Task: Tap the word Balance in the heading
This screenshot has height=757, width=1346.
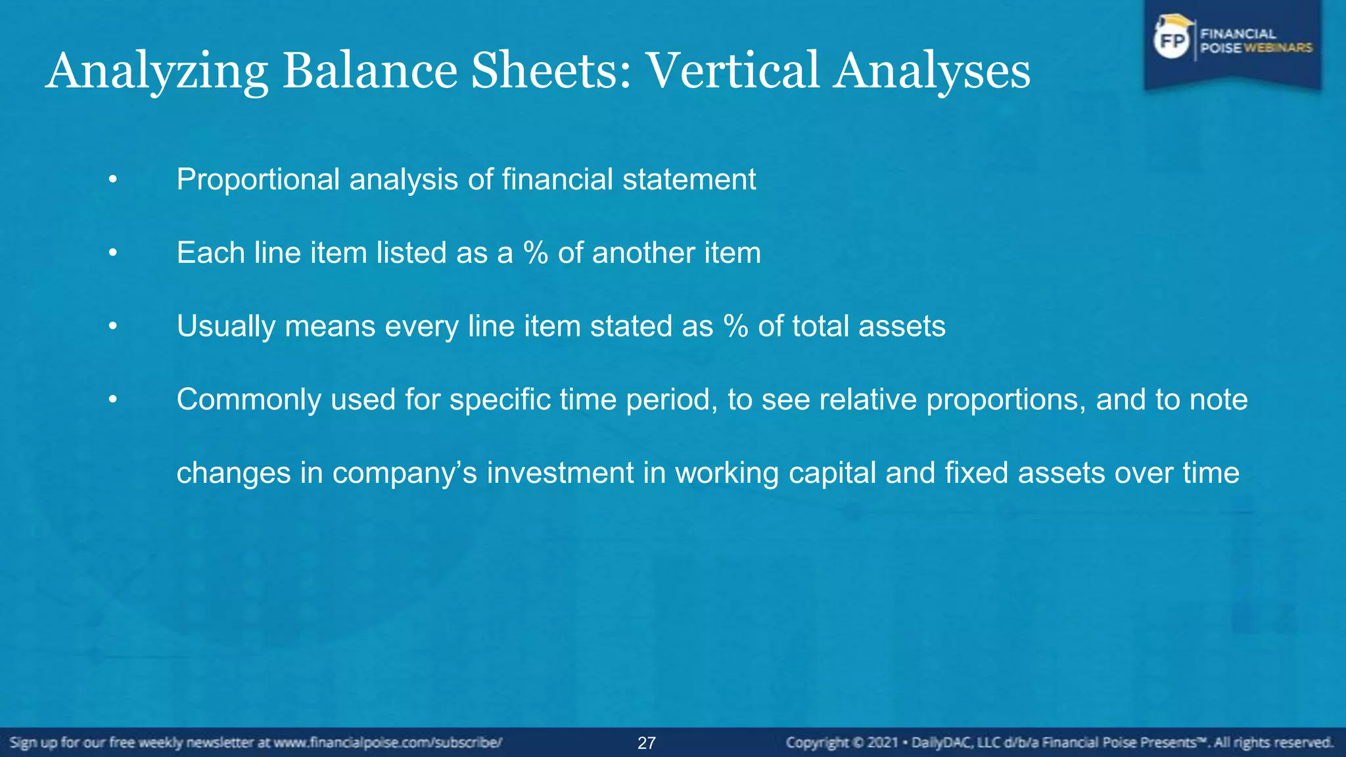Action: tap(369, 71)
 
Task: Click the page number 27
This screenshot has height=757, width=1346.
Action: tap(647, 743)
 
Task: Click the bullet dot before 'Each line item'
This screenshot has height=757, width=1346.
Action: tap(113, 253)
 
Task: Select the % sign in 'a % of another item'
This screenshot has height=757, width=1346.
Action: tap(535, 253)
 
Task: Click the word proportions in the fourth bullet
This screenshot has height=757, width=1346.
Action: tap(1006, 400)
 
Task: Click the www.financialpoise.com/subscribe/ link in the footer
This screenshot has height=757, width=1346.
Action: tap(388, 743)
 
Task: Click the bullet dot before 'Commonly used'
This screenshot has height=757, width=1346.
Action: tap(113, 400)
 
